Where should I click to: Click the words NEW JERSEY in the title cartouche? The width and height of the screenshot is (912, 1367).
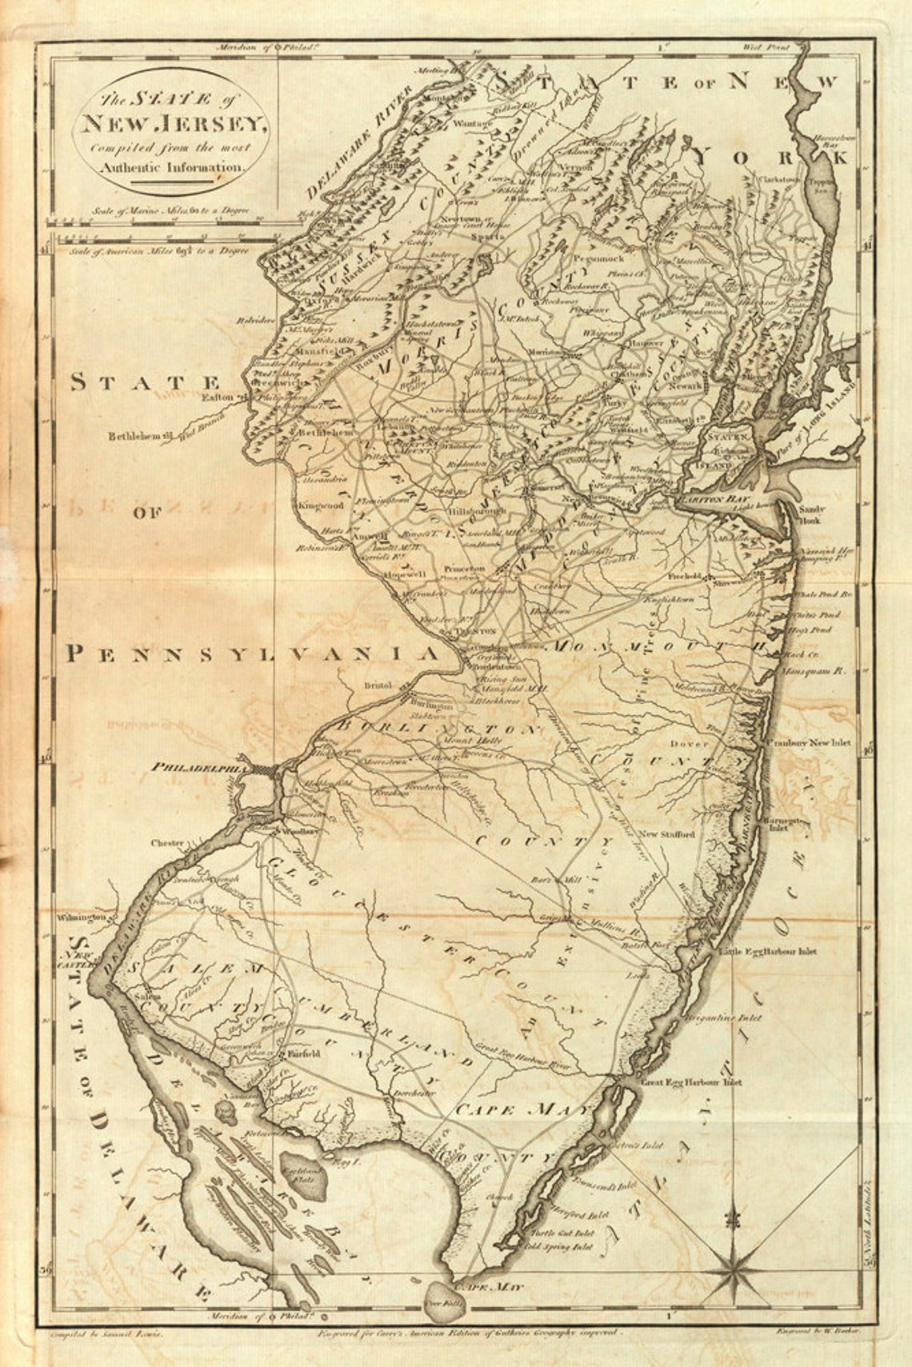170,124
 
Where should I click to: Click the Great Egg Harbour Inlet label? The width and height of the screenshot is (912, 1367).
691,1082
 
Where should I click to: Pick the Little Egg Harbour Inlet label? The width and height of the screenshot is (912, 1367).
768,952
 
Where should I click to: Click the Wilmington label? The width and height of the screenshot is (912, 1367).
82,917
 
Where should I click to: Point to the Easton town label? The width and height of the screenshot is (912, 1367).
215,398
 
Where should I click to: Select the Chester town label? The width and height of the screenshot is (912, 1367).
169,843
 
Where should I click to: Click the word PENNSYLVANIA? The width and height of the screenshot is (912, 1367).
252,655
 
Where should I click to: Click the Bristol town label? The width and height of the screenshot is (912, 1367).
374,685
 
